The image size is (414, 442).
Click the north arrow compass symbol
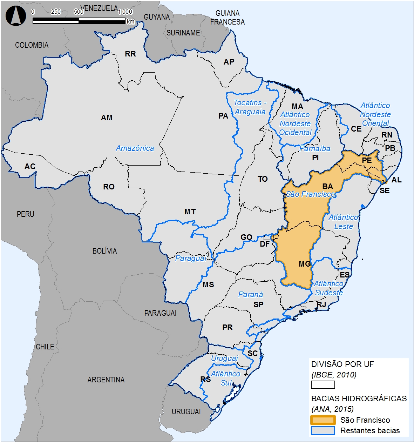tap(16, 16)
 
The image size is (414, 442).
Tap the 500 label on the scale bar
tap(79, 12)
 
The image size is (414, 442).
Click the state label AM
tap(107, 118)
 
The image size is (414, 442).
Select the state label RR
tap(130, 54)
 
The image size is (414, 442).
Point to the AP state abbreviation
tap(229, 62)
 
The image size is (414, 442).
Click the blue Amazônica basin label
tap(135, 148)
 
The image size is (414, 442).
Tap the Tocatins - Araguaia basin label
tap(250, 107)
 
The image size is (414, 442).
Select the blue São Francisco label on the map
tap(311, 194)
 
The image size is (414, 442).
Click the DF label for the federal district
tap(265, 244)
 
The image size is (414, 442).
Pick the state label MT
tap(190, 212)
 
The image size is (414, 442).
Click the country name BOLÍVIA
tap(104, 251)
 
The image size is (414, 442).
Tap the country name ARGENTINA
tap(106, 380)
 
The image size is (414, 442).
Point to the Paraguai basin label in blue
tap(191, 259)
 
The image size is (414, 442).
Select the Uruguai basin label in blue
tap(224, 359)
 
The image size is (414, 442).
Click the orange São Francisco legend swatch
tap(323, 420)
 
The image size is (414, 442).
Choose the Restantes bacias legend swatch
tap(323, 430)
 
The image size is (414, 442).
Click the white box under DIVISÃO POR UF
tap(323, 385)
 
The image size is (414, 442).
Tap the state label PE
tap(367, 161)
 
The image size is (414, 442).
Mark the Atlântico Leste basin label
tap(343, 222)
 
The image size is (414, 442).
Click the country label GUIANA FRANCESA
tap(227, 18)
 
